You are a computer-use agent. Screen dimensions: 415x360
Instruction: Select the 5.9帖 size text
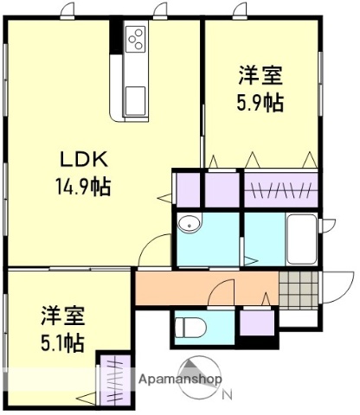click(x=260, y=101)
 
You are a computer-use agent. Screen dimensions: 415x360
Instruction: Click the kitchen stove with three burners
click(x=136, y=38)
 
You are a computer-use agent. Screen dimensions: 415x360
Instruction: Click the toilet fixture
click(x=188, y=328)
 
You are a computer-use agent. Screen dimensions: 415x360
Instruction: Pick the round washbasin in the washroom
click(x=188, y=226)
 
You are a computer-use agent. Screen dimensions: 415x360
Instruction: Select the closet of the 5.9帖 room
click(x=280, y=188)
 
